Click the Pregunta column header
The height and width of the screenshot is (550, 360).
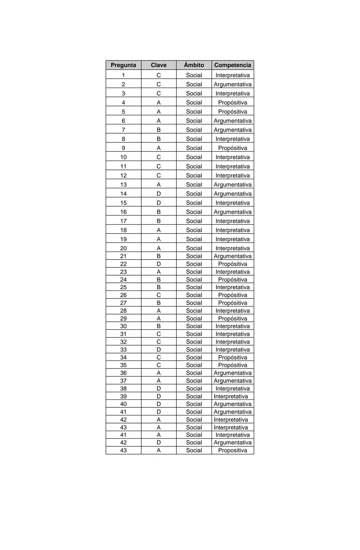123,65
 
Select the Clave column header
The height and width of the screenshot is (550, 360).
158,65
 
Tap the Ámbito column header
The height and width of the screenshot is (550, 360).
194,65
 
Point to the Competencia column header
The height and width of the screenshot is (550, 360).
232,65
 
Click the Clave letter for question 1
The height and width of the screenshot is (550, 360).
158,75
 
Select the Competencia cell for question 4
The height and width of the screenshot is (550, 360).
232,103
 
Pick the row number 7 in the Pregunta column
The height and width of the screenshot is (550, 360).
123,130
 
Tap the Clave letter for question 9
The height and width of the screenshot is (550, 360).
158,148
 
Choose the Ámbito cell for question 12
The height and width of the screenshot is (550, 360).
194,176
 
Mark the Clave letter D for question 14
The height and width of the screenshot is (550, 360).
158,194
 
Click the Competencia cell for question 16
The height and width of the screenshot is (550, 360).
232,212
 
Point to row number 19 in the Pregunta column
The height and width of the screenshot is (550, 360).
123,239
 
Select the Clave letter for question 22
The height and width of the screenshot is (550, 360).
158,264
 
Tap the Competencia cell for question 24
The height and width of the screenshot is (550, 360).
232,279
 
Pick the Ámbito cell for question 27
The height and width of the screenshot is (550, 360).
194,303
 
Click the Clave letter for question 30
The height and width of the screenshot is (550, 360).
158,326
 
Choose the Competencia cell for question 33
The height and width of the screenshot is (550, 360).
232,349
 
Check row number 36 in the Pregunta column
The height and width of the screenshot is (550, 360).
123,373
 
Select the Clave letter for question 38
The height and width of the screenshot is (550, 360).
158,388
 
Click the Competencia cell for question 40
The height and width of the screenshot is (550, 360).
232,404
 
